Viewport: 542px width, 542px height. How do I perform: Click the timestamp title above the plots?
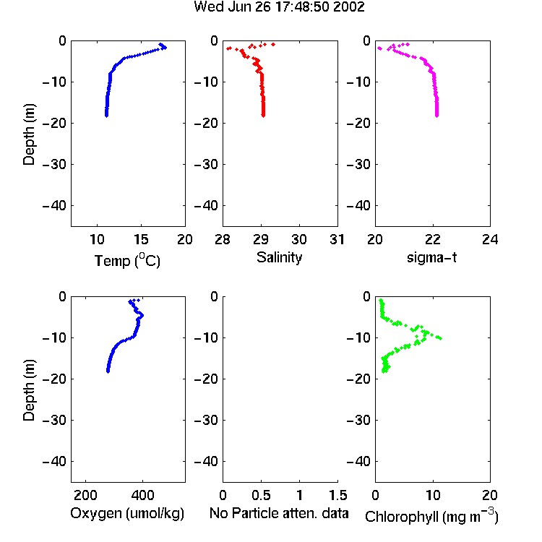279,7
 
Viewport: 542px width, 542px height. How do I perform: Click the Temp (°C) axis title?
127,260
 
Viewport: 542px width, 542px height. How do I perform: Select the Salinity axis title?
279,258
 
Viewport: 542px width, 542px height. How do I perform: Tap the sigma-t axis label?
431,257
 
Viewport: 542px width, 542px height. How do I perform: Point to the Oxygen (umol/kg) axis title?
127,514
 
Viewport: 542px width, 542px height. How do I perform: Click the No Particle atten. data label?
279,513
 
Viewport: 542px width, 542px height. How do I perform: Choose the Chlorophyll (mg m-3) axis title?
431,516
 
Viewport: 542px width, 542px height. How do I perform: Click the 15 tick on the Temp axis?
141,239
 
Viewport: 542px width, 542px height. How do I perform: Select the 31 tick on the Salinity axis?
337,239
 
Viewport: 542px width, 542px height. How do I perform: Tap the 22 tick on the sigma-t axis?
432,239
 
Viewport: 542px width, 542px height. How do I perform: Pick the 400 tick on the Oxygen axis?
142,495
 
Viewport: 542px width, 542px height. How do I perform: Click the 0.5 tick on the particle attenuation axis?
261,495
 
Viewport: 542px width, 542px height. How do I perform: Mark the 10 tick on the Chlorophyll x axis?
432,495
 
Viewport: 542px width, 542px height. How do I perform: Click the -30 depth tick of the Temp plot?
54,164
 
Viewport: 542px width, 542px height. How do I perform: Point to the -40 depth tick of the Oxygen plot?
54,461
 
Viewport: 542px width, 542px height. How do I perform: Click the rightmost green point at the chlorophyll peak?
440,338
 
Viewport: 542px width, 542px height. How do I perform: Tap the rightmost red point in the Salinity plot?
273,44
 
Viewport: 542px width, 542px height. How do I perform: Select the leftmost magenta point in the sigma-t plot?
379,48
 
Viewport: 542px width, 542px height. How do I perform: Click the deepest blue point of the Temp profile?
106,116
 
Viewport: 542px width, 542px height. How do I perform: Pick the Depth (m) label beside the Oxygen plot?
29,390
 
